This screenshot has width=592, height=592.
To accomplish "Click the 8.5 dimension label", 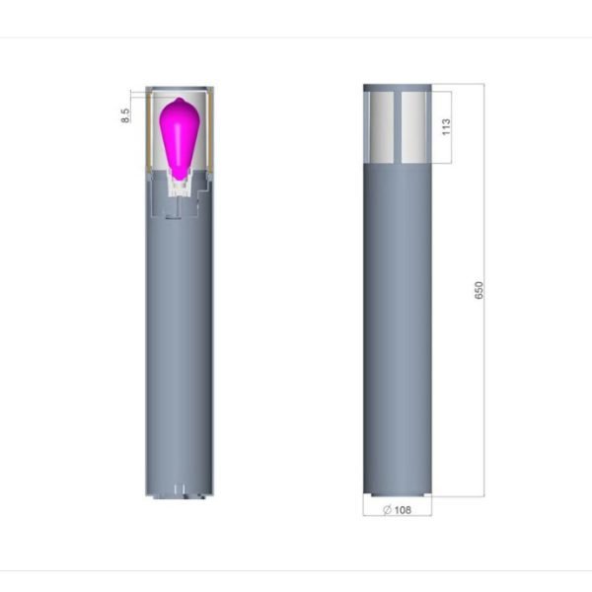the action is point(125,115).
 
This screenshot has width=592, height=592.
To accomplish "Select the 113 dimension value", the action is point(446,127).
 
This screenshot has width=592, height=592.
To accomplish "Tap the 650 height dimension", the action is point(479,290).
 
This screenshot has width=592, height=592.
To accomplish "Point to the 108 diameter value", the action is point(403,510).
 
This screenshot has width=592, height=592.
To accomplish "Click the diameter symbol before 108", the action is point(387,510).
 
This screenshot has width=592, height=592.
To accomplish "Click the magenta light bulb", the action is point(179,138).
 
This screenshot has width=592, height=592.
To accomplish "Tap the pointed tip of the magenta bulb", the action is point(180,98).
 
